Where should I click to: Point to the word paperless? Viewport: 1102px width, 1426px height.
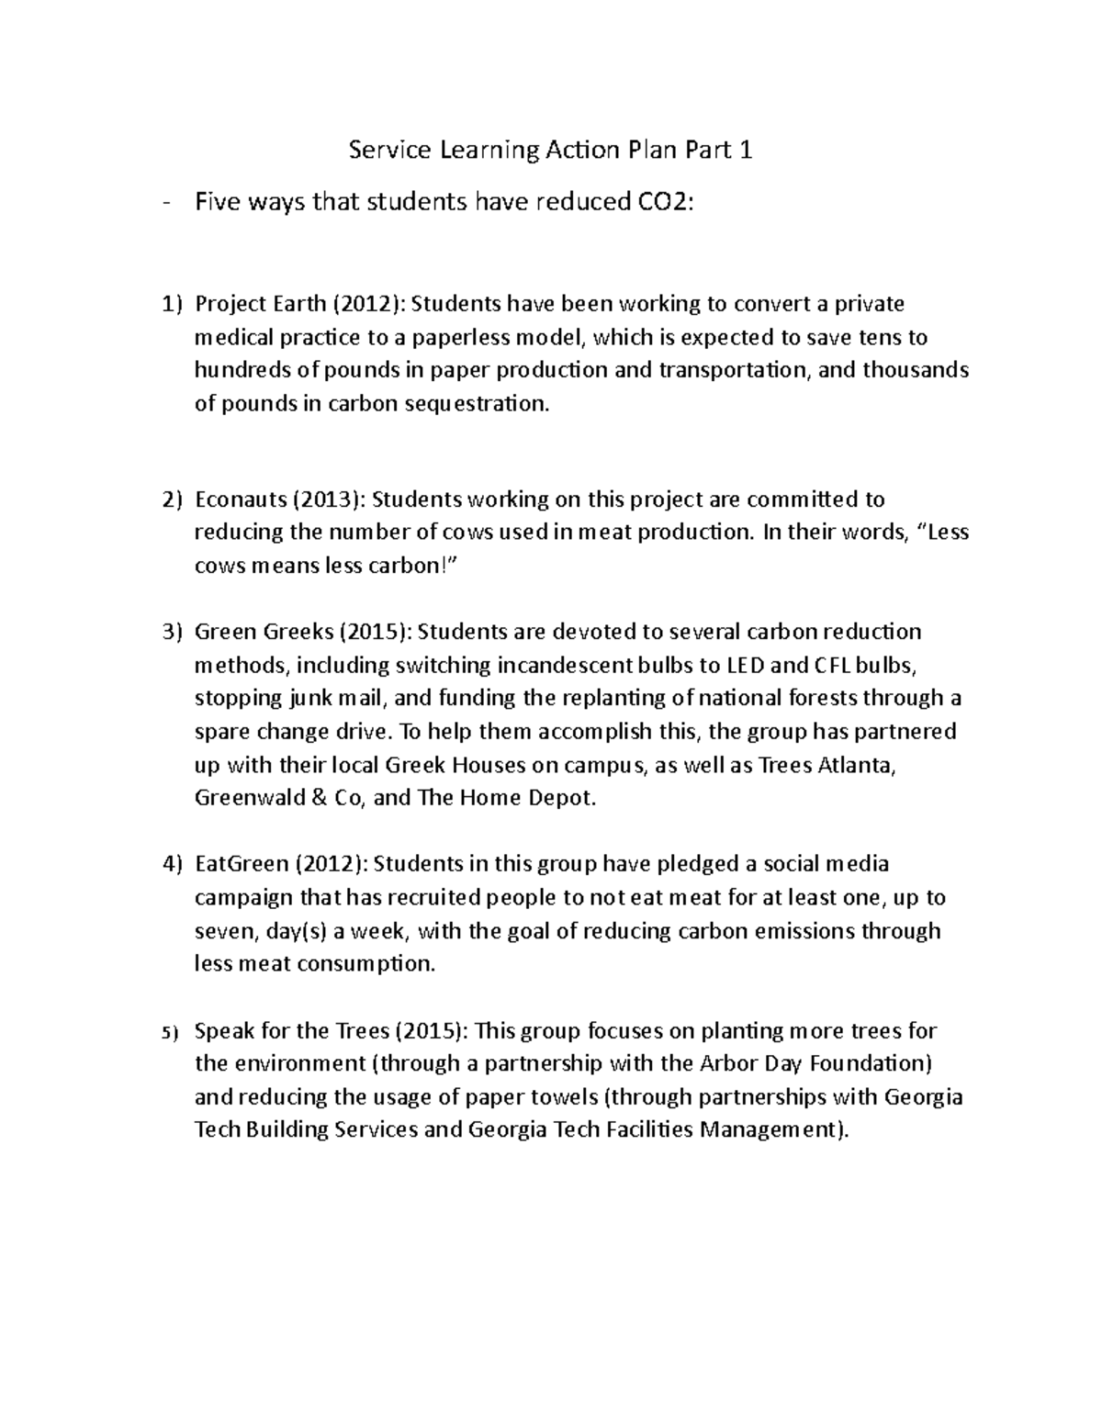pyautogui.click(x=451, y=337)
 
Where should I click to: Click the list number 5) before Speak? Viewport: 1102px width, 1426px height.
pyautogui.click(x=167, y=1032)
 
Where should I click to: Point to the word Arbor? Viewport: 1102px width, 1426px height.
pyautogui.click(x=730, y=1063)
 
